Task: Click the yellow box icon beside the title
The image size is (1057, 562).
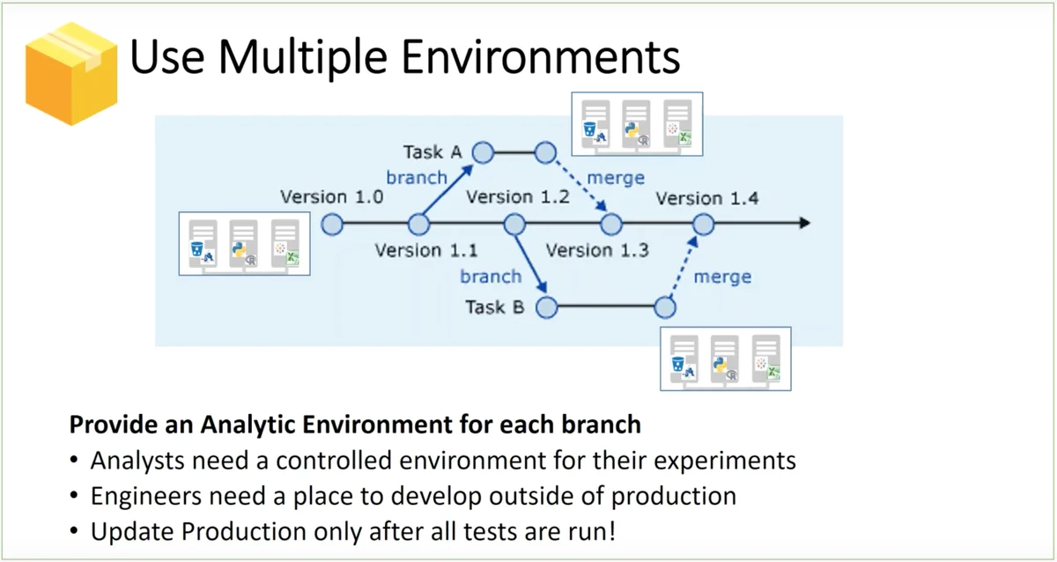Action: [71, 72]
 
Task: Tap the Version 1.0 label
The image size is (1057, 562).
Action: [331, 196]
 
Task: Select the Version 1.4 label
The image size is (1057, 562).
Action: [706, 198]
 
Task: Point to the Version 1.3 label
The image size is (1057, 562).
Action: [596, 251]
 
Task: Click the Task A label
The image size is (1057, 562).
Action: [432, 152]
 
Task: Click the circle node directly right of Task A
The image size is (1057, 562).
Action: [483, 152]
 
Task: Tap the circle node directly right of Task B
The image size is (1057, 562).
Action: [547, 307]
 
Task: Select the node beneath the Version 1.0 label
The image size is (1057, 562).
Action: [332, 225]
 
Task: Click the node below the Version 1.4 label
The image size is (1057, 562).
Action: [703, 225]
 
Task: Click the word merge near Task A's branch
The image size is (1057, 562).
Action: [615, 178]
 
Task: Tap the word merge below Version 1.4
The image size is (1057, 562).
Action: [722, 277]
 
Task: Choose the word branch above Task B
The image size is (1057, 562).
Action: [491, 277]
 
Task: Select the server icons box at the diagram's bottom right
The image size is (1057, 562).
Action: [726, 358]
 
